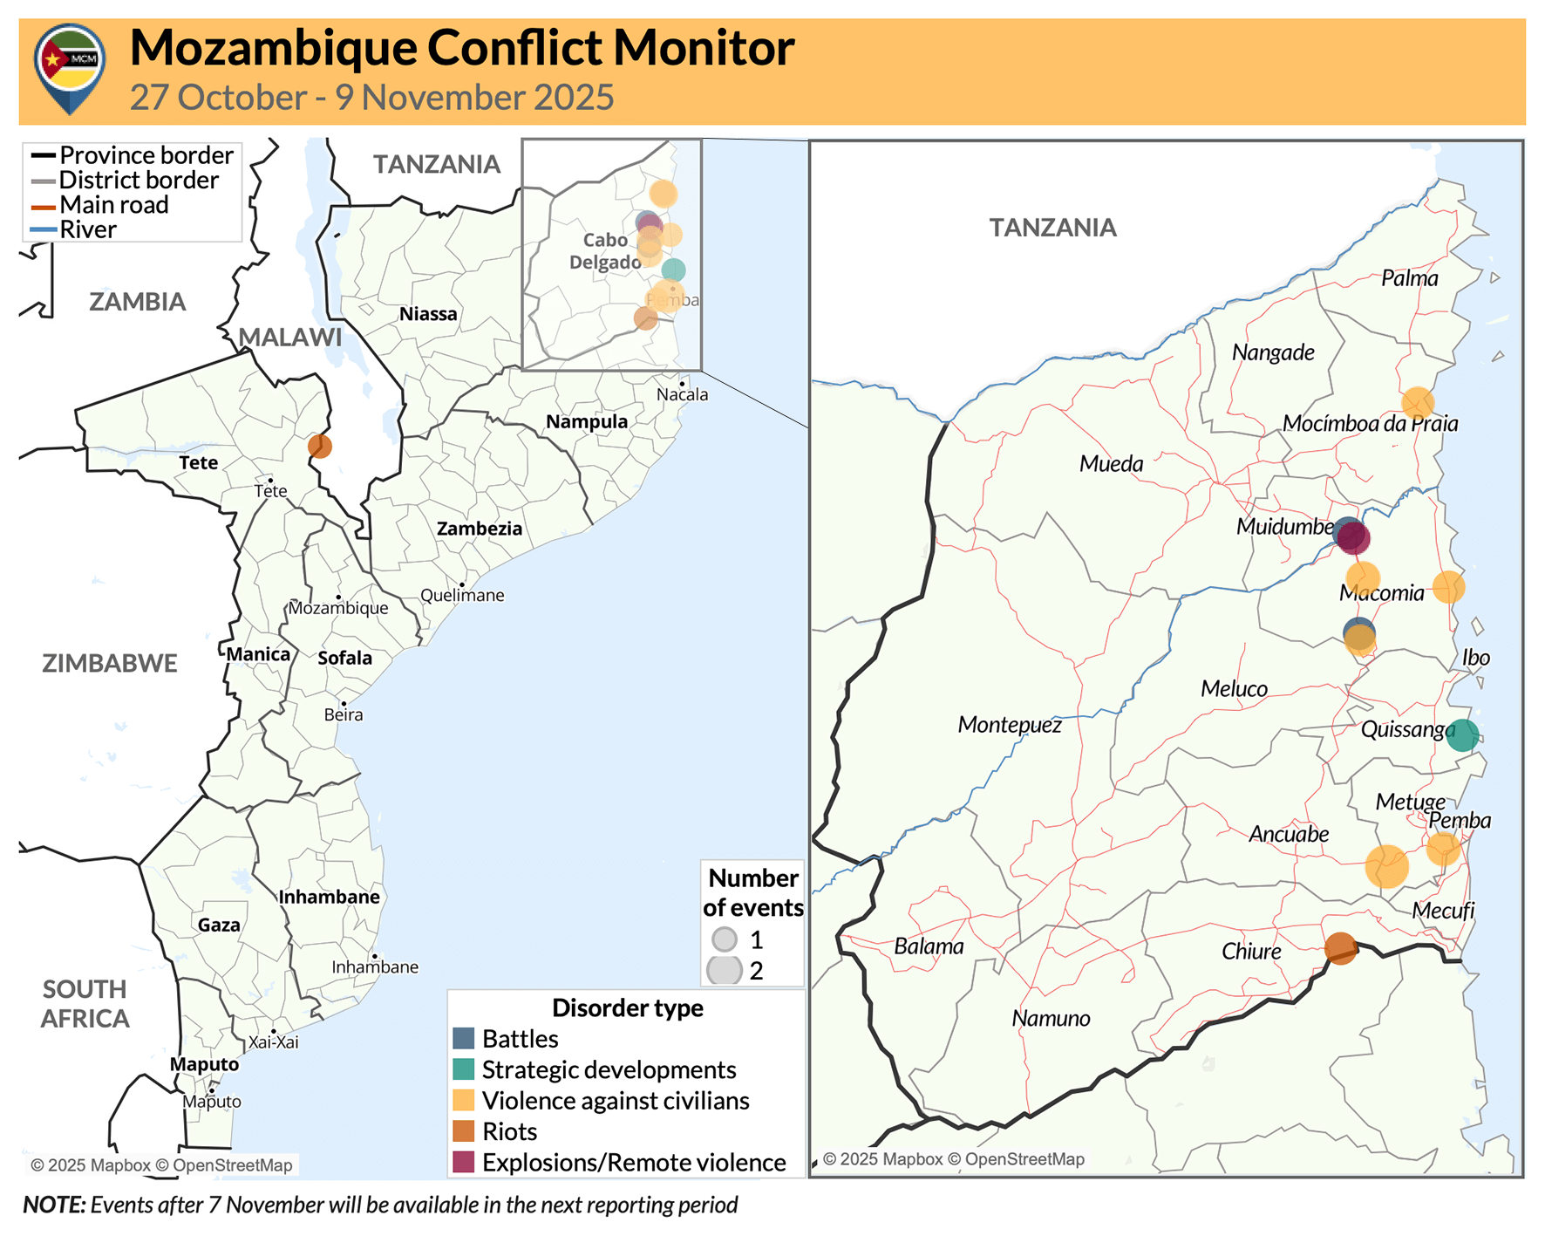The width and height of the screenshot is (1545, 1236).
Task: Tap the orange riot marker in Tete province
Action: coord(320,446)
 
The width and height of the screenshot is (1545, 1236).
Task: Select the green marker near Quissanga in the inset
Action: coord(1462,735)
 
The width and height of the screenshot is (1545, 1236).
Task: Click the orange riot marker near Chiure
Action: coord(1340,948)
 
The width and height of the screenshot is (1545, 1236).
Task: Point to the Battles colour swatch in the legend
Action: coord(464,1039)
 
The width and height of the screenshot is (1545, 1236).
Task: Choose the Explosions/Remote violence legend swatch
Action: coord(464,1163)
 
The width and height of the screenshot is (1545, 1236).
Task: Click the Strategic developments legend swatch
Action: coord(464,1069)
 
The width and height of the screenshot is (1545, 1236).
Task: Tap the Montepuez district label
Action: coord(1010,725)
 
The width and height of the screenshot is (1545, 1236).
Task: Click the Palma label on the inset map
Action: coord(1409,278)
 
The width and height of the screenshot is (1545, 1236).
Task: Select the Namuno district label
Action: coord(1051,1018)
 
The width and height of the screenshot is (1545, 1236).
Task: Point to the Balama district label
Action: coord(929,946)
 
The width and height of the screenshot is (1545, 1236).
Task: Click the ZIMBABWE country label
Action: coord(110,663)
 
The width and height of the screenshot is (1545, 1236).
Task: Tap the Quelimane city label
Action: coord(462,596)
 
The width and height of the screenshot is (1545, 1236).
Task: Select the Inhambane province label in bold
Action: coord(329,897)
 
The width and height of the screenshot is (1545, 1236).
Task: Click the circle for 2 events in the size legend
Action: coord(725,970)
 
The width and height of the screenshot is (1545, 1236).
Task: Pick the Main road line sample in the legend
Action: coord(44,206)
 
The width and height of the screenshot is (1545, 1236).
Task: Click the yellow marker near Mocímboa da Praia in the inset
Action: coord(1418,402)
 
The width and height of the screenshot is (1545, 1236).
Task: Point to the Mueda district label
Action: coord(1111,463)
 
